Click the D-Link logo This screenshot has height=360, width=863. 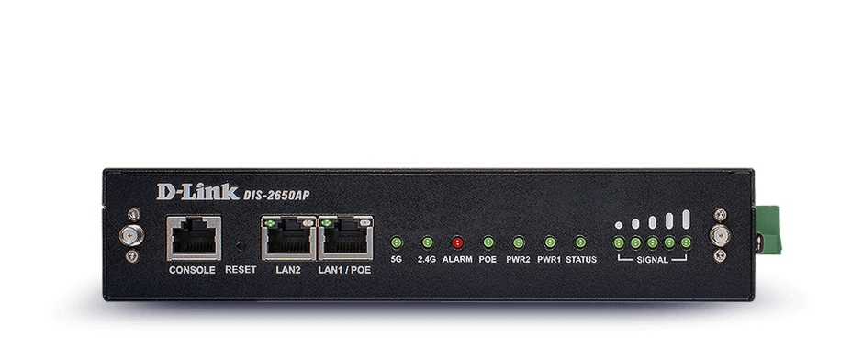tap(198, 192)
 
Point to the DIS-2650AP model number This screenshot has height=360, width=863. tap(276, 195)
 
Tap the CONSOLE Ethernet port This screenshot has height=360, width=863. tap(195, 238)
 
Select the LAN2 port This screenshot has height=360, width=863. tap(289, 237)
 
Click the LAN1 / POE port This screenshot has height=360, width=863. tap(345, 237)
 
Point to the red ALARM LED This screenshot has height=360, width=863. tap(457, 242)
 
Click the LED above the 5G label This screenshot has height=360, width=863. tap(397, 242)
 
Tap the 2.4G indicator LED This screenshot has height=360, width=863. tap(427, 242)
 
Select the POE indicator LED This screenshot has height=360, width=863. tap(488, 242)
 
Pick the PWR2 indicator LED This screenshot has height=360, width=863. tap(519, 242)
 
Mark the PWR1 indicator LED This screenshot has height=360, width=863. tap(549, 242)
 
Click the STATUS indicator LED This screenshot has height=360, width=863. tap(580, 242)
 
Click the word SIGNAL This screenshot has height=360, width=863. tap(652, 260)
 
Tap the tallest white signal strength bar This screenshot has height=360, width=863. tap(686, 219)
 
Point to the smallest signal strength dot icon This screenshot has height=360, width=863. tap(619, 225)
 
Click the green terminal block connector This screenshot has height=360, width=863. tap(768, 231)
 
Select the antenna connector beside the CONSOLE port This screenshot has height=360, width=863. tap(132, 236)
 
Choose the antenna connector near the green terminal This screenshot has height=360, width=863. tap(720, 236)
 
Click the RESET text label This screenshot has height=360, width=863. tap(241, 270)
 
